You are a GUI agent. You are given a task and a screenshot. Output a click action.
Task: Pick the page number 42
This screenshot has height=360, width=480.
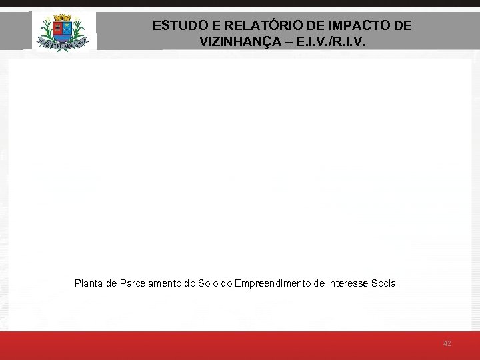click(x=447, y=343)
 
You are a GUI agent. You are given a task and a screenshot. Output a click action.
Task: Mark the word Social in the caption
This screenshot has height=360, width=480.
click(x=384, y=283)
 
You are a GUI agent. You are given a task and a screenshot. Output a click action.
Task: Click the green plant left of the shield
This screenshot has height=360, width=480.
click(x=47, y=30)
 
